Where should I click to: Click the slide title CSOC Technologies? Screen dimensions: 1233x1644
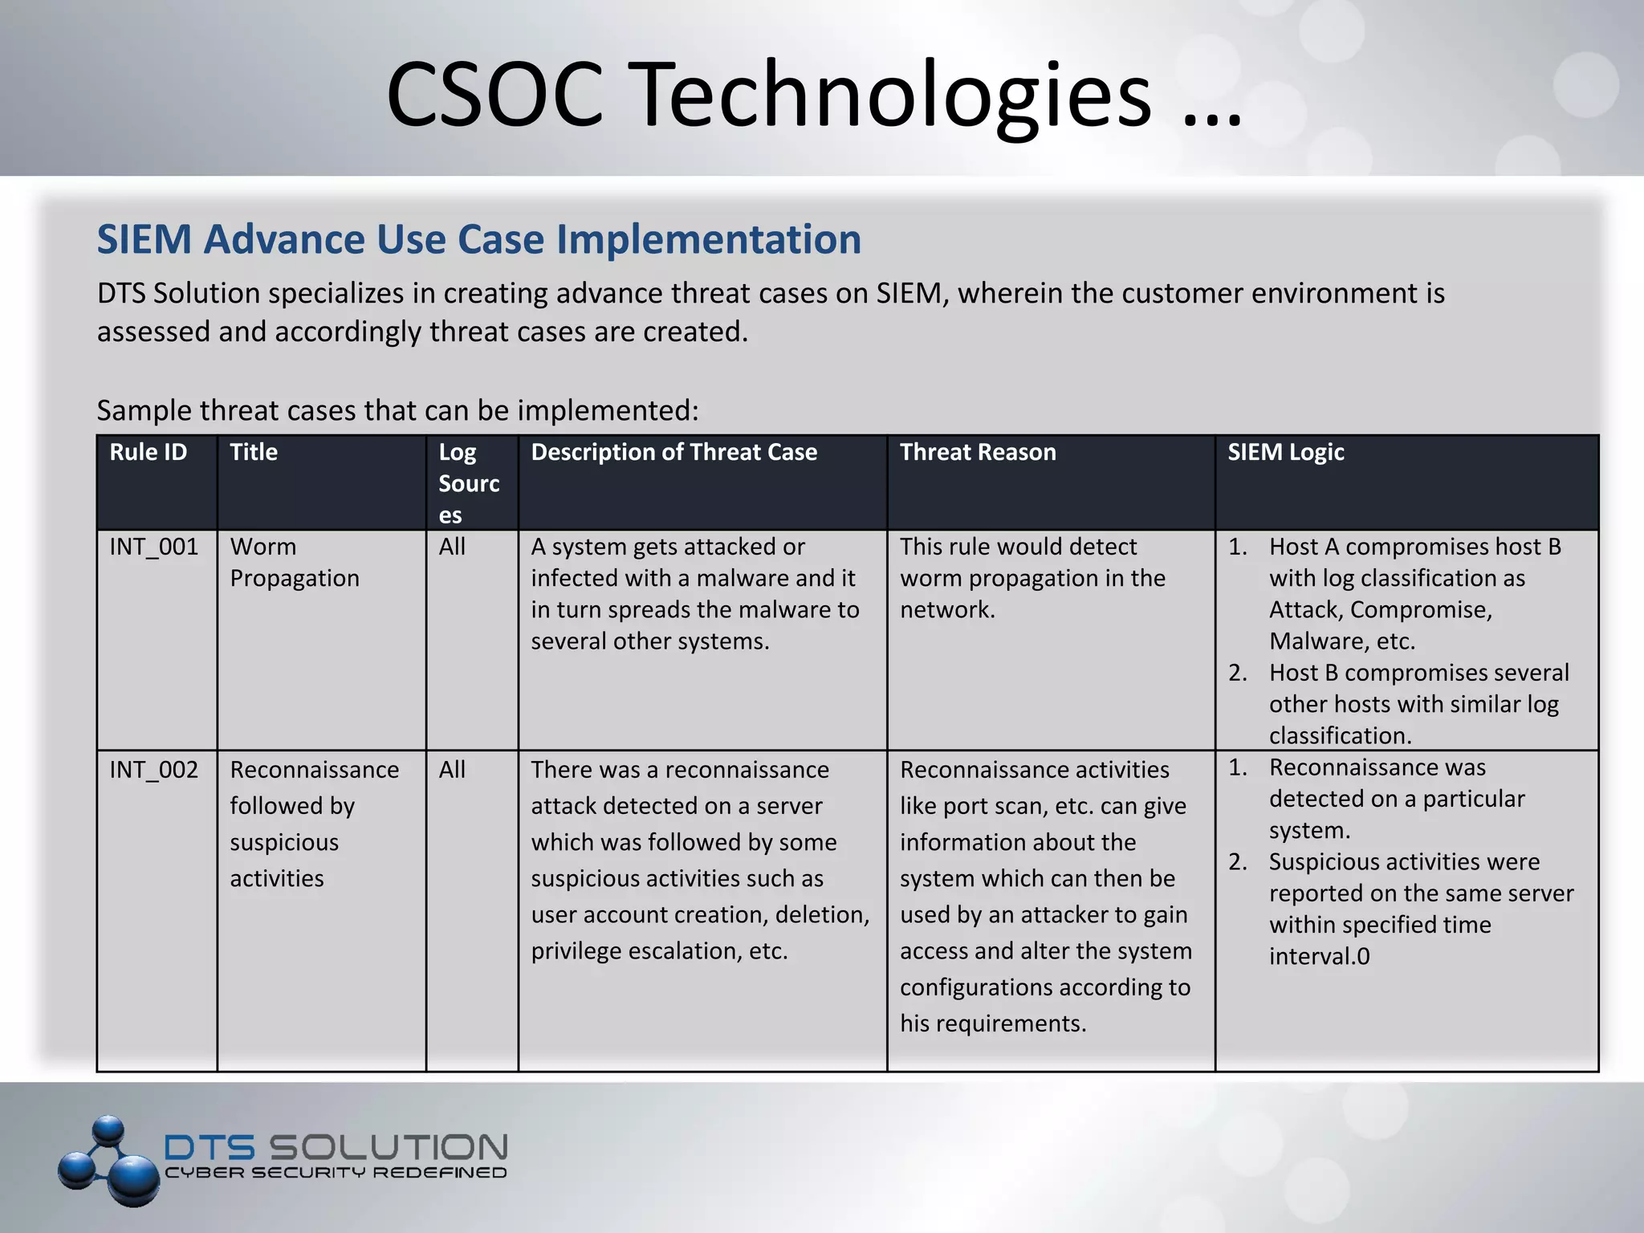(x=812, y=95)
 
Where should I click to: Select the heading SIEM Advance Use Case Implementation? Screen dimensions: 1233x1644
(x=478, y=239)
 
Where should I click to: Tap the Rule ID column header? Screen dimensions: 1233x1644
(x=148, y=452)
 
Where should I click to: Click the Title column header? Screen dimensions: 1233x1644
(x=254, y=452)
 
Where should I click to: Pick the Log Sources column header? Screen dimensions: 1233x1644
(x=469, y=483)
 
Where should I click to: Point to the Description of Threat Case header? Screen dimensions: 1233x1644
(x=673, y=452)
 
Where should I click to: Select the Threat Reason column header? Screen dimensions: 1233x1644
(x=977, y=452)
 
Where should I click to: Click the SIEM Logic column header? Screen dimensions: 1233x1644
(x=1285, y=452)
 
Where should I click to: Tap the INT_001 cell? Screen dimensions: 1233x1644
(x=153, y=547)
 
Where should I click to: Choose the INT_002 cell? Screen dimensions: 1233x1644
(x=153, y=770)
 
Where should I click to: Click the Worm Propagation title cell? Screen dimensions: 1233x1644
(x=294, y=562)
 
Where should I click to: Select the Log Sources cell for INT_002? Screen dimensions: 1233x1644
(x=452, y=770)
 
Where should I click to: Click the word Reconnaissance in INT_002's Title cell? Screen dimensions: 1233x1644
(x=314, y=770)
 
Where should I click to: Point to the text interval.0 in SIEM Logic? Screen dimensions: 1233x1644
(x=1319, y=956)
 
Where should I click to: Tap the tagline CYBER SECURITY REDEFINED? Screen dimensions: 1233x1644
(x=336, y=1173)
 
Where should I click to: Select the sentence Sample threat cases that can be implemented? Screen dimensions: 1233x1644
(x=397, y=410)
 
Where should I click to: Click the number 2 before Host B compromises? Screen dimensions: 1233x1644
(x=1237, y=673)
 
